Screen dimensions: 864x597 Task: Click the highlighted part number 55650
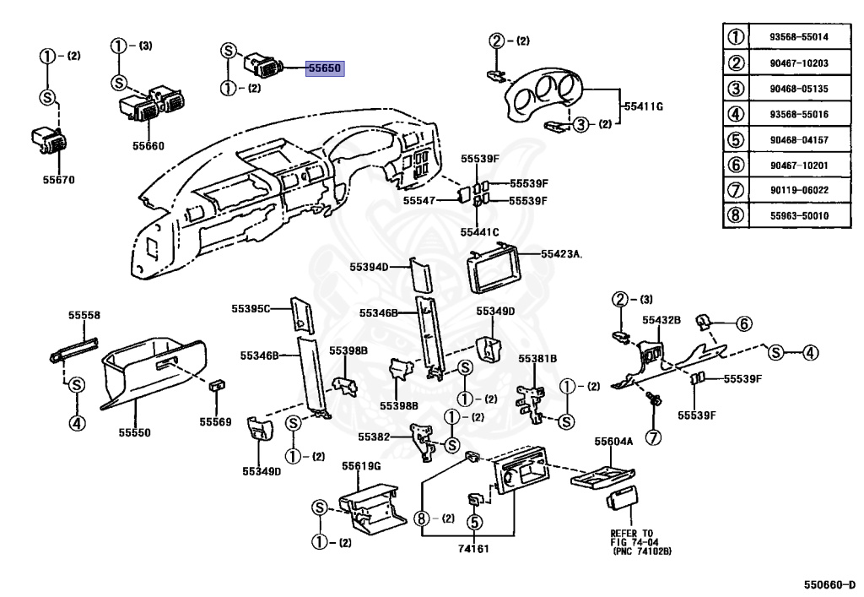coord(325,68)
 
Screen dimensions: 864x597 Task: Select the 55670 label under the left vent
coord(59,180)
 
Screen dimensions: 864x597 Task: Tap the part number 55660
coord(148,146)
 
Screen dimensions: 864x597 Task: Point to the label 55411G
coord(644,106)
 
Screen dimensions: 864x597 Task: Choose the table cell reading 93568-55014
coord(799,37)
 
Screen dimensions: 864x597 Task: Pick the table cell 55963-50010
coord(799,215)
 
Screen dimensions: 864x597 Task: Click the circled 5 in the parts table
coord(736,139)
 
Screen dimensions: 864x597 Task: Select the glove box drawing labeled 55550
coord(154,373)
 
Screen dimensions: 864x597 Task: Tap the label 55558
coord(84,315)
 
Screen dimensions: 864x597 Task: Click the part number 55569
coord(215,421)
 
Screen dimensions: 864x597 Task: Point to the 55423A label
coord(561,253)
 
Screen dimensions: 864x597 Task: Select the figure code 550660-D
coord(829,585)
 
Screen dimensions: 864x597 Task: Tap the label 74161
coord(474,549)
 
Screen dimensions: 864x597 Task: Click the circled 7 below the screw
coord(653,437)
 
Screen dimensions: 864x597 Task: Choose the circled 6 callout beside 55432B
coord(744,323)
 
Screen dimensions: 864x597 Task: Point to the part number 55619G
coord(361,466)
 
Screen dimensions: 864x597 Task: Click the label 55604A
coord(614,442)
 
